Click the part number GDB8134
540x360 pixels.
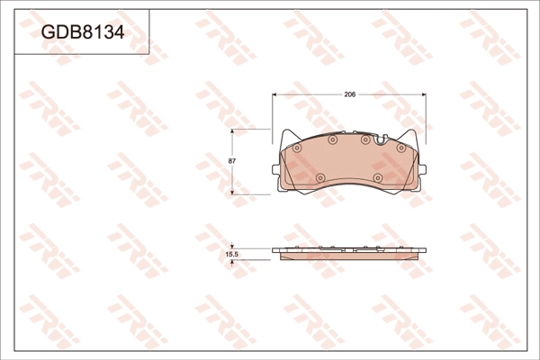[83, 32]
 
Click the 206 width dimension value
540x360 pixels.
[350, 94]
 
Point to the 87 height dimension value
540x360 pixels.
[232, 160]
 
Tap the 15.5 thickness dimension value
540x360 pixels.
[232, 255]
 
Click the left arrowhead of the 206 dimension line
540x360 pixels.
[274, 94]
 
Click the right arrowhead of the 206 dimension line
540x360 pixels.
[424, 94]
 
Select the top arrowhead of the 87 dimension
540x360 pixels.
[232, 131]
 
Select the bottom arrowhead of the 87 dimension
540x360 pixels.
[232, 192]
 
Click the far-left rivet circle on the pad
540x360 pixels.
[297, 148]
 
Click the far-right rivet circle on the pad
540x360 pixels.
[400, 148]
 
